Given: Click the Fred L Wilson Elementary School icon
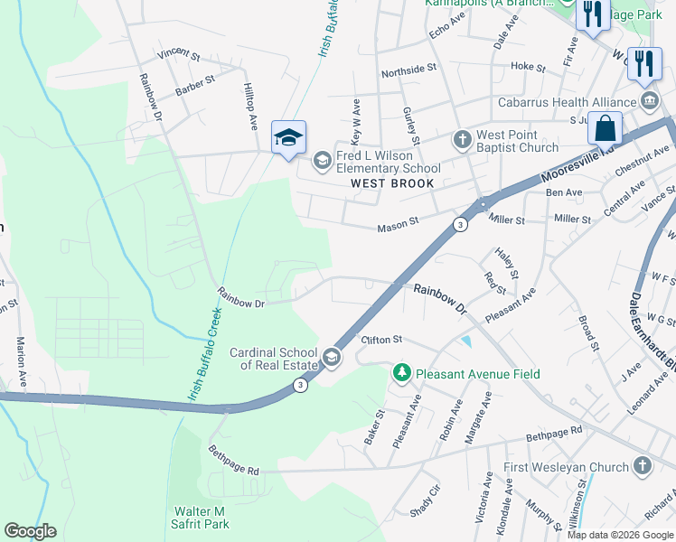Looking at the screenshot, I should click(x=322, y=162).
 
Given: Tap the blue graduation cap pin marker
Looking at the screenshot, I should click(x=288, y=138).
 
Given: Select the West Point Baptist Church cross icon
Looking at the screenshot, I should click(x=462, y=140).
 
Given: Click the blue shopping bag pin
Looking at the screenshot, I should click(x=605, y=128).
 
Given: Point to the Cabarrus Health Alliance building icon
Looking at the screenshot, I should click(x=647, y=98).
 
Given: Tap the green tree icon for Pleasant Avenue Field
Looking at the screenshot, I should click(x=399, y=372).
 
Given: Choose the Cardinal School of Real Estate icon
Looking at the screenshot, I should click(x=332, y=359).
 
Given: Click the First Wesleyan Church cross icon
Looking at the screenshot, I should click(x=642, y=466).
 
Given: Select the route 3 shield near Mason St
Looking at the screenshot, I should click(x=461, y=224).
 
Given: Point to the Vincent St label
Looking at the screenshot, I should click(x=178, y=55).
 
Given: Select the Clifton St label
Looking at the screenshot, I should click(x=380, y=340).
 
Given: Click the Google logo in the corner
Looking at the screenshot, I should click(x=30, y=531).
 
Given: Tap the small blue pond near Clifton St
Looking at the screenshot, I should click(x=465, y=341).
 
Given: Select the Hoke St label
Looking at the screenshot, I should click(x=528, y=66).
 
